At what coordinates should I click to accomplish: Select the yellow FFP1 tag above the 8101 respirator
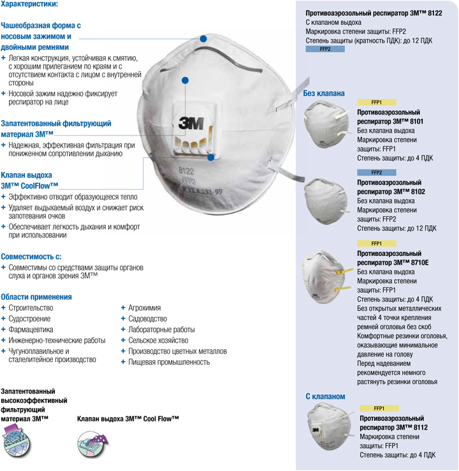[376, 102]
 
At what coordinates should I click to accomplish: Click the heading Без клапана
[324, 94]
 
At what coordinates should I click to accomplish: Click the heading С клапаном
[325, 397]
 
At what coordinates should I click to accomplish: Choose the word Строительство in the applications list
[31, 308]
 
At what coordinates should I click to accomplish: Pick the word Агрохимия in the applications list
[145, 308]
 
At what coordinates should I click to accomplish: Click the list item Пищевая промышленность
[169, 362]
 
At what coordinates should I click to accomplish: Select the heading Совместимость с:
[31, 256]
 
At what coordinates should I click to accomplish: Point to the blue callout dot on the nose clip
[203, 39]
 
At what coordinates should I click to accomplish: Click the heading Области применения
[36, 297]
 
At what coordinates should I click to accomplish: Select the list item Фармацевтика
[31, 330]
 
